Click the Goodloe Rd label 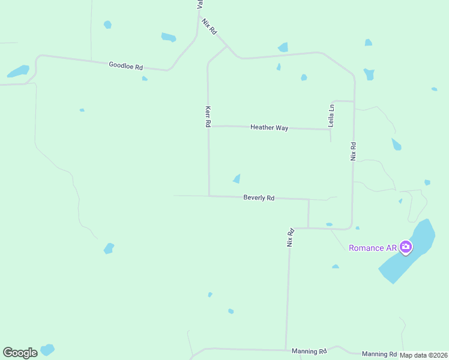(x=125, y=65)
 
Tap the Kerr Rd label (x=208, y=116)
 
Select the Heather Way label (x=269, y=127)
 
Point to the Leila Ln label (x=331, y=115)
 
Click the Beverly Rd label (x=259, y=197)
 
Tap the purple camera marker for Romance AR (x=406, y=247)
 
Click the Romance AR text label (x=372, y=248)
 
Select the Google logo (x=20, y=353)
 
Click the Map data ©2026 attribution (x=424, y=355)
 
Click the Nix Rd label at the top (x=209, y=26)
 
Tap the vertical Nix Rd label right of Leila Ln (x=354, y=151)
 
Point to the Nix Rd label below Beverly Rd (x=290, y=237)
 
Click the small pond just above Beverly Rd (x=237, y=179)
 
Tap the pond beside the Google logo (x=47, y=349)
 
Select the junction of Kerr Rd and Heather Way (x=208, y=126)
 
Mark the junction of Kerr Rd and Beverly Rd (x=209, y=196)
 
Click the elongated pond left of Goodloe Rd (x=18, y=71)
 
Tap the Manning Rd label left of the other (x=309, y=351)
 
